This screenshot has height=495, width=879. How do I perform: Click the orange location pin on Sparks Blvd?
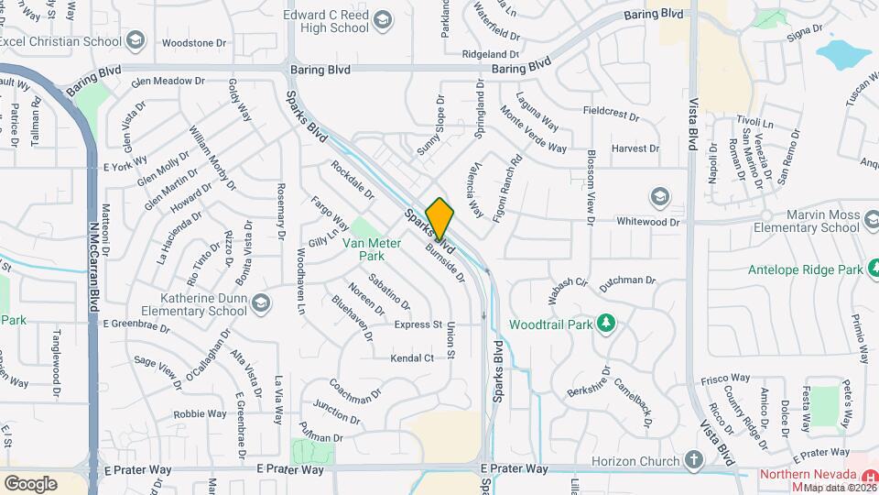(x=439, y=218)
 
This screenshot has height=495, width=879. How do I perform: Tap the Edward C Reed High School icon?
(x=385, y=21)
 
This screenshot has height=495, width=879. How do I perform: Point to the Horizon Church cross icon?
(x=693, y=459)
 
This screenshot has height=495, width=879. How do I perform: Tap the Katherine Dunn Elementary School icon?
(x=262, y=302)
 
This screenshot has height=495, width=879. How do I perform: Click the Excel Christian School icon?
(x=136, y=40)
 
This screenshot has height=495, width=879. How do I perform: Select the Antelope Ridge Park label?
(x=811, y=269)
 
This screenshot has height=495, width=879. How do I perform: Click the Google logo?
(x=30, y=483)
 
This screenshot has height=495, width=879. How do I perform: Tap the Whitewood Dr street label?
(x=648, y=222)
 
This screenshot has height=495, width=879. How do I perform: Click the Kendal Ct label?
(x=412, y=357)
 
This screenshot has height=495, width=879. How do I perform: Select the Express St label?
(x=418, y=324)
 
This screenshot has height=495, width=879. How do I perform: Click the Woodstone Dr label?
(x=193, y=43)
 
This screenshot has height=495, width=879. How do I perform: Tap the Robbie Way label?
(x=200, y=413)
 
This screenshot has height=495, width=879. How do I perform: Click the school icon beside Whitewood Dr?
(x=659, y=197)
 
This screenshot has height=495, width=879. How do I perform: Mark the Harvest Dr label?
(x=635, y=148)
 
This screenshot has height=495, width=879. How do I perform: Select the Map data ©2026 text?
(x=841, y=488)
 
